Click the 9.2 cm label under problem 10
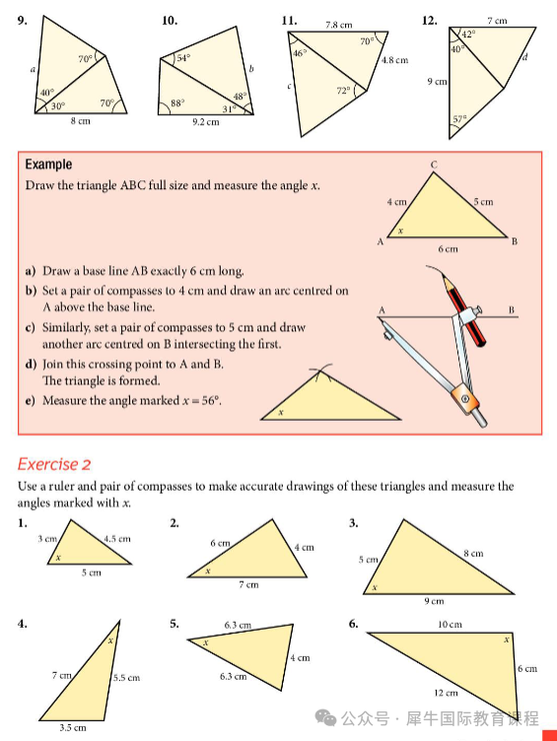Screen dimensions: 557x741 click(x=206, y=122)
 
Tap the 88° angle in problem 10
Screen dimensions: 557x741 click(x=177, y=102)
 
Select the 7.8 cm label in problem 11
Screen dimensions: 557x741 click(x=338, y=25)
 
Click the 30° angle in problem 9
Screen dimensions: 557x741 click(x=58, y=105)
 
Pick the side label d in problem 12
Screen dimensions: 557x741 click(x=524, y=57)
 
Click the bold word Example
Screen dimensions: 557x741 click(x=48, y=165)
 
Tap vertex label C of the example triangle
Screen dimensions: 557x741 click(x=434, y=165)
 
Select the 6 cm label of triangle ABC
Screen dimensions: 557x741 click(x=448, y=248)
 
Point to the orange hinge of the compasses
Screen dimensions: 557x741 click(x=465, y=398)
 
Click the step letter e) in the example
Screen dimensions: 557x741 click(x=31, y=401)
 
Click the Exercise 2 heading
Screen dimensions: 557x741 click(x=54, y=464)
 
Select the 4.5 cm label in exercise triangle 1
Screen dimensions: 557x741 click(x=117, y=539)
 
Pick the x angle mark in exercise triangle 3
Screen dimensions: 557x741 click(x=375, y=587)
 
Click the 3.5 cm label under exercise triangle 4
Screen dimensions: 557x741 click(x=73, y=728)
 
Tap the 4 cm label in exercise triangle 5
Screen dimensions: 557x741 click(x=301, y=657)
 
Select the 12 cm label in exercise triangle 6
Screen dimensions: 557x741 click(x=446, y=693)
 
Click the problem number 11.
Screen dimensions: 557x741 click(x=289, y=21)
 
